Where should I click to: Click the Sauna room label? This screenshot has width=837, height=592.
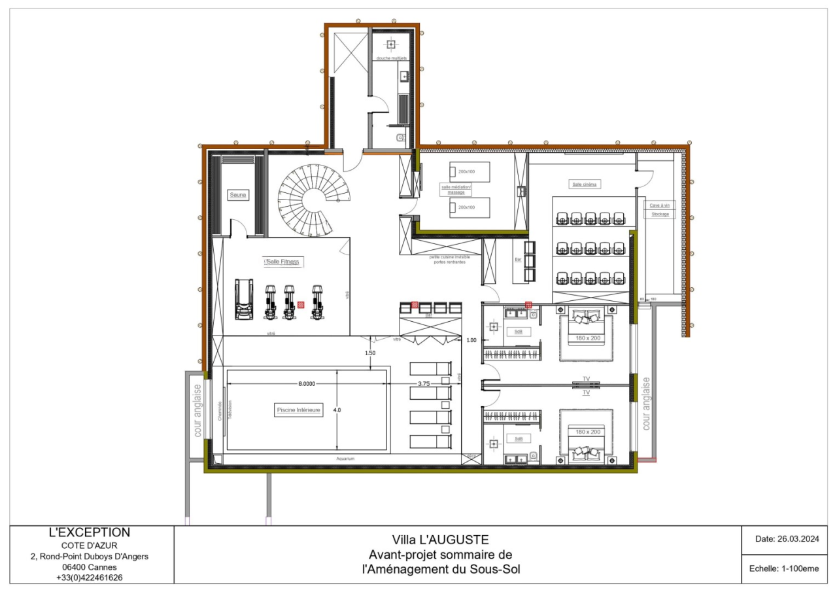click(x=237, y=195)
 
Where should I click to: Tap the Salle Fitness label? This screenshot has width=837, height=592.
click(x=283, y=262)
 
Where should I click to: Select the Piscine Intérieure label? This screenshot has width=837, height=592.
click(x=298, y=410)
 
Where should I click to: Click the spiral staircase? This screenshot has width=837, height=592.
click(x=313, y=196)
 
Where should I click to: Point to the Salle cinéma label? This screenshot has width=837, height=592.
click(x=585, y=184)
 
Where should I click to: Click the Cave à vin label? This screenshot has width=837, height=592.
click(x=659, y=205)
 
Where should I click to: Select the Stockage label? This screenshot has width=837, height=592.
click(x=660, y=214)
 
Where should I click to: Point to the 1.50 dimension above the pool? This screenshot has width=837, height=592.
click(x=371, y=353)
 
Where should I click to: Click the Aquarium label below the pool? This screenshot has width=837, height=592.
click(x=345, y=459)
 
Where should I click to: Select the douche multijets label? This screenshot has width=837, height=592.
click(x=391, y=59)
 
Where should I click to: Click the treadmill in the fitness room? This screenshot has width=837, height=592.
click(x=244, y=300)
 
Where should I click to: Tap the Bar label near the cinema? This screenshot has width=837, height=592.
click(x=518, y=260)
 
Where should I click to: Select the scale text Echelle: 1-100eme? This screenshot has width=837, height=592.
click(x=783, y=568)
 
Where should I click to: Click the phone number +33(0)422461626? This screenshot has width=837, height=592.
click(x=90, y=578)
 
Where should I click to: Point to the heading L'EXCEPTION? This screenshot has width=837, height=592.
click(x=90, y=532)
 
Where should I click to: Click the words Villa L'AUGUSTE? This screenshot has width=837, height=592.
click(x=440, y=540)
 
